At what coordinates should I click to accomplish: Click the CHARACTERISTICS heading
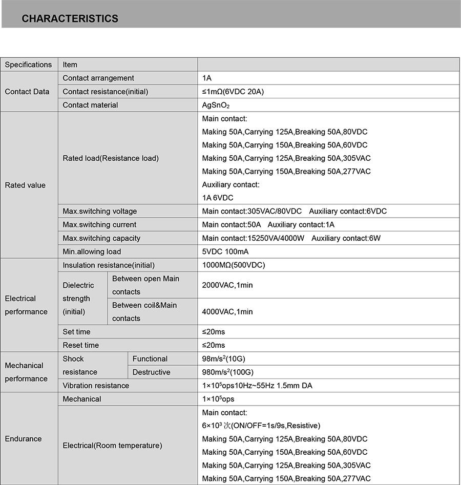coord(70,19)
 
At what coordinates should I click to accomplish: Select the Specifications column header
coord(28,65)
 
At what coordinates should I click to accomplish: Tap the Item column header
coord(70,65)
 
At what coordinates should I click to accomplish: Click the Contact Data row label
coord(27,92)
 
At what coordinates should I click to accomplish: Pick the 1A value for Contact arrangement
coord(207,78)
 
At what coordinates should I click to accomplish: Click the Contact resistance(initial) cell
coord(105,92)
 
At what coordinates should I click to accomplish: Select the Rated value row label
coord(25,185)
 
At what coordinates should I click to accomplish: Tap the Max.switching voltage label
coord(99,211)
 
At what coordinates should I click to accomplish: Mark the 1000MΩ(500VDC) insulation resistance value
coord(233,265)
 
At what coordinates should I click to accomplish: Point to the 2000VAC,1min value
coord(227,285)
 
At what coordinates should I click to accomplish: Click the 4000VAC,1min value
coord(227,312)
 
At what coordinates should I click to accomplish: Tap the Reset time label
coord(80,345)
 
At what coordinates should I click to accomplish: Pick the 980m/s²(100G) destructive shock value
coord(227,372)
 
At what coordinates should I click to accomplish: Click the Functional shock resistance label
coord(150,359)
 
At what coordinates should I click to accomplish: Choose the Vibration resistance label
coord(96,386)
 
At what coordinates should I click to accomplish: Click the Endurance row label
coord(23,439)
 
